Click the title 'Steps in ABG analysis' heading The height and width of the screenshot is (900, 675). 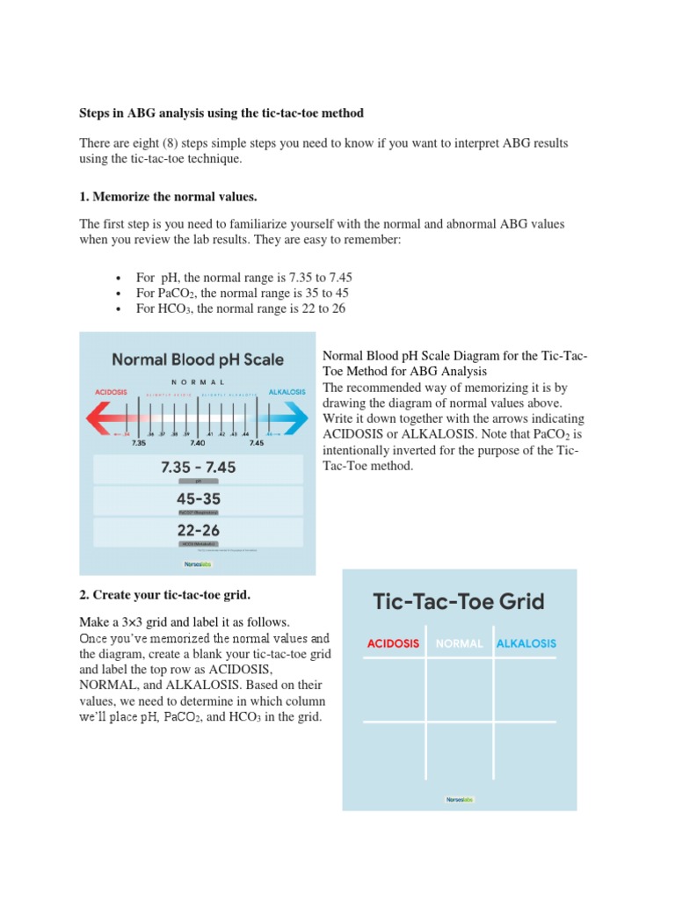click(x=221, y=113)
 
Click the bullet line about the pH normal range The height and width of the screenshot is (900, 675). click(x=244, y=277)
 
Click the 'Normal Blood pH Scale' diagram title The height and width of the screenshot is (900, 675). click(x=198, y=359)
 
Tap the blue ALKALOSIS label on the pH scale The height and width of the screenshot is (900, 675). click(x=287, y=391)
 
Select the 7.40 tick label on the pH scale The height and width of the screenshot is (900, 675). click(x=198, y=443)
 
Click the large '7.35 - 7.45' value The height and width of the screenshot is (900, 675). click(x=198, y=468)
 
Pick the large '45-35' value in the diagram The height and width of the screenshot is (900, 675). click(x=198, y=498)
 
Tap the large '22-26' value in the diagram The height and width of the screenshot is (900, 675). click(x=198, y=530)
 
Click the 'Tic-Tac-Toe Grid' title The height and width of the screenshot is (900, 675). click(x=459, y=602)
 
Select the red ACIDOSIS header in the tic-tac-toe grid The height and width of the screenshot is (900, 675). click(x=393, y=644)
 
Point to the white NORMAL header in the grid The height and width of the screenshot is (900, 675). click(x=459, y=644)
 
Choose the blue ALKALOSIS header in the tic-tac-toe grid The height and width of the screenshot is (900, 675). click(x=526, y=644)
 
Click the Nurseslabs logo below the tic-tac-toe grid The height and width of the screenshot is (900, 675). click(x=459, y=800)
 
